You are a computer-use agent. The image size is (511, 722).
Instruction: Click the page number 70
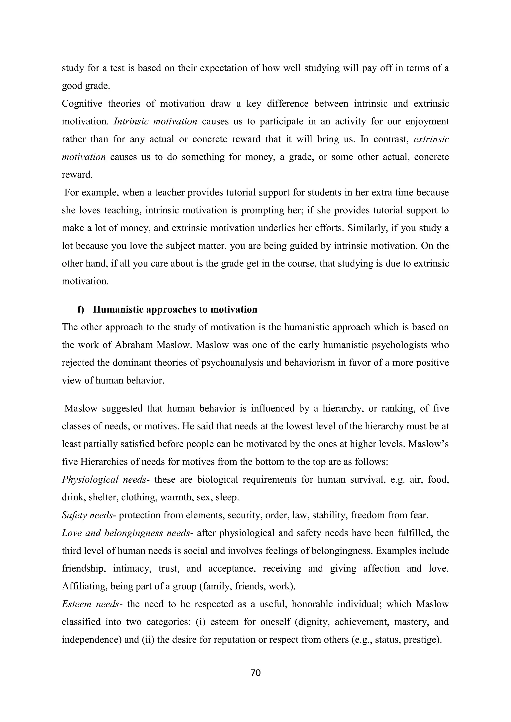click(x=255, y=673)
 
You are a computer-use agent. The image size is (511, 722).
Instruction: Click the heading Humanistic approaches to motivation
click(x=175, y=309)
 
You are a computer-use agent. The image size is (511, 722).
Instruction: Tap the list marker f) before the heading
click(x=81, y=309)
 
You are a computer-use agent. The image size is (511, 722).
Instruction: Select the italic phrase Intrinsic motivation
click(x=155, y=121)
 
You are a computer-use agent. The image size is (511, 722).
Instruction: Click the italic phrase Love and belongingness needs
click(x=126, y=533)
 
